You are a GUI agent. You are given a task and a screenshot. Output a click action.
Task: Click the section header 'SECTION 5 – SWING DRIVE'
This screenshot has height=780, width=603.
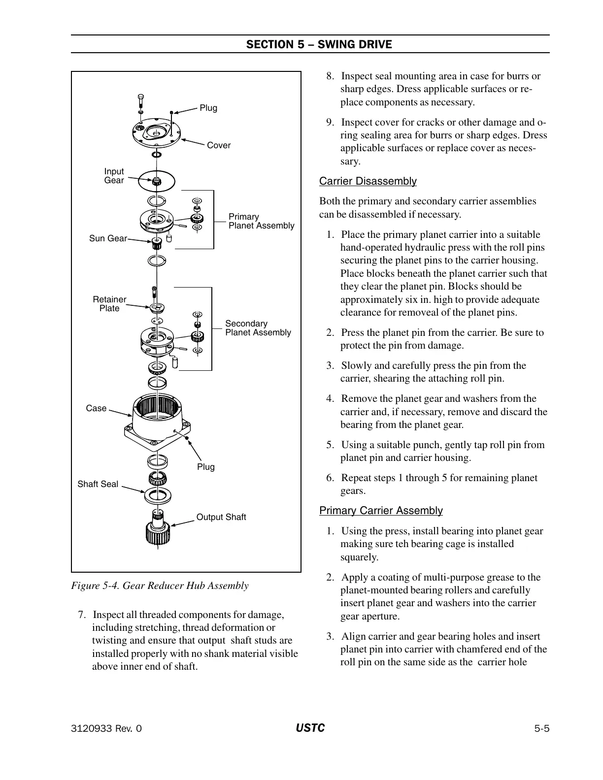tap(319, 44)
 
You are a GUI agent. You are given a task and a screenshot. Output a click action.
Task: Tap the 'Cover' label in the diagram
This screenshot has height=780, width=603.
tap(219, 145)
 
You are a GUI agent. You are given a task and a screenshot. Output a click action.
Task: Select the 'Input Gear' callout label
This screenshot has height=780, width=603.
tap(114, 176)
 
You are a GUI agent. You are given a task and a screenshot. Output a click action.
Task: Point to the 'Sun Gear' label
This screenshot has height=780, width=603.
tap(108, 238)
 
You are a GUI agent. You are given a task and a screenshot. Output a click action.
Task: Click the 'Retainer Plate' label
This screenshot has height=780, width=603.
tap(109, 304)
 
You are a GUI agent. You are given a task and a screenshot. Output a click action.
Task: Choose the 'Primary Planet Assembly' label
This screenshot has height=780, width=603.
tap(261, 221)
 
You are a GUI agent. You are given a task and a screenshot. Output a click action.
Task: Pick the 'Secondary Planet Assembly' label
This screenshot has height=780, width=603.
tap(258, 328)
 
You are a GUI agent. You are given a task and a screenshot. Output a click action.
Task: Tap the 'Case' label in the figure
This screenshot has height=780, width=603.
tap(96, 408)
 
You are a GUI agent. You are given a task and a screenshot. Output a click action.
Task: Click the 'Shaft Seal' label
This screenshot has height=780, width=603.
tap(98, 484)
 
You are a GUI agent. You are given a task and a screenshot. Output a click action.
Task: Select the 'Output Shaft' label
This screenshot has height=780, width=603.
tap(221, 517)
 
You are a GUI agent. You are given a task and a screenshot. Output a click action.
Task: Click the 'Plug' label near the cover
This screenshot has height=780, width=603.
tap(208, 108)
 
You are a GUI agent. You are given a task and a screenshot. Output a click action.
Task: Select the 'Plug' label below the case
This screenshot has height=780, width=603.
tap(206, 467)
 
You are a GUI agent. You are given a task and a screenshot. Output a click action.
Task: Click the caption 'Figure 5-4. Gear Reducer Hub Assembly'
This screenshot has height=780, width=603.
tap(160, 585)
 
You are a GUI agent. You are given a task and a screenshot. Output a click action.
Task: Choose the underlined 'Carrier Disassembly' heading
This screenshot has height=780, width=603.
tap(368, 181)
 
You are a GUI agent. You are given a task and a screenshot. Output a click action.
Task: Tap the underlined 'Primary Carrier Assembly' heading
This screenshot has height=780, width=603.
tap(381, 511)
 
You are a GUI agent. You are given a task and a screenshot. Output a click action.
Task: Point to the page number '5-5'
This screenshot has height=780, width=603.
tap(541, 729)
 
